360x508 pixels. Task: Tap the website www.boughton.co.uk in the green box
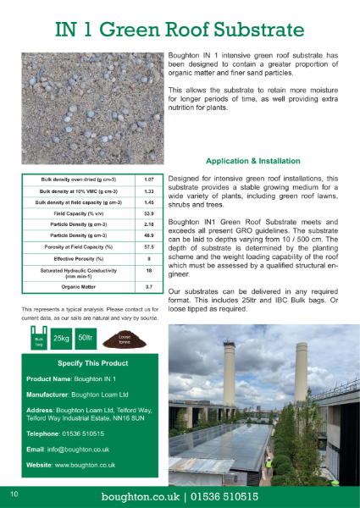[85, 465]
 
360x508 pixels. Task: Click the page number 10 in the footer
[14, 494]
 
